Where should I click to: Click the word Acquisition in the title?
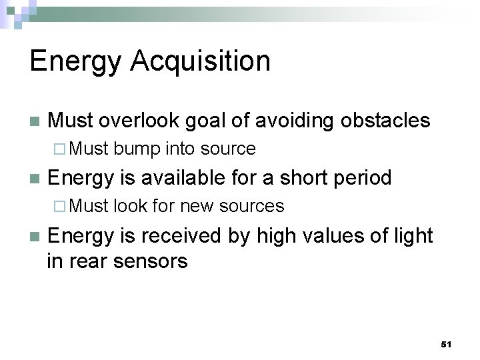pos(201,61)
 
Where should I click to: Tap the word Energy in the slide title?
pos(75,61)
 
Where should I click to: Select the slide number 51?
pos(446,344)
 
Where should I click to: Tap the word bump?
pos(137,149)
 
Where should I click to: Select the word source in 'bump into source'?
pos(228,149)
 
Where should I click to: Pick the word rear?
pos(89,261)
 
